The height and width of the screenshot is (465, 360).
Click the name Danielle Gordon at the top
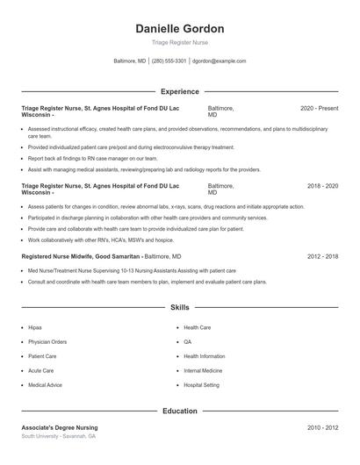point(180,28)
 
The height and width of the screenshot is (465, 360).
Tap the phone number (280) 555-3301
point(169,61)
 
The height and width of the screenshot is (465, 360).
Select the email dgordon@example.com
point(219,61)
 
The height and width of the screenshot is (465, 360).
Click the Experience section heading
point(180,91)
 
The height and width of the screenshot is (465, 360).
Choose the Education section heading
point(180,411)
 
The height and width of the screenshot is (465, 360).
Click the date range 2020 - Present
point(319,108)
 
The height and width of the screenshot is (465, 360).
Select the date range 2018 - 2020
point(322,187)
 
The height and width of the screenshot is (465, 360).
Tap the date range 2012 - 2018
point(322,256)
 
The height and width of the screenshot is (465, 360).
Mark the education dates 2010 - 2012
point(322,427)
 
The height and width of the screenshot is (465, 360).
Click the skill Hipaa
point(36,327)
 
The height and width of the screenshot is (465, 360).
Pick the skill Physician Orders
point(47,342)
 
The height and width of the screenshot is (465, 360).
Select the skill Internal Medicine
point(204,371)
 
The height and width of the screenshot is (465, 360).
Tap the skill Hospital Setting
point(202,385)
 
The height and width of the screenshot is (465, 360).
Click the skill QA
point(188,342)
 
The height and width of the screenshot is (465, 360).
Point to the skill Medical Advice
point(45,385)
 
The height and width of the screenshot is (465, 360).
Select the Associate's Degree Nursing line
point(59,427)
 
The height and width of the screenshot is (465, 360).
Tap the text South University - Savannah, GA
point(59,436)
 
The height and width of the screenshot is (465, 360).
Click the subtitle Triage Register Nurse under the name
point(180,42)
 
